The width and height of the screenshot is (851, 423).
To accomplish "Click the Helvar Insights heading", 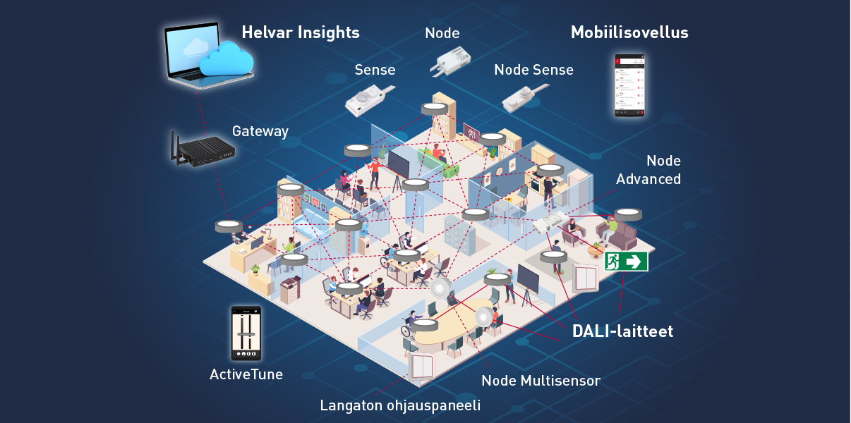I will (301, 32).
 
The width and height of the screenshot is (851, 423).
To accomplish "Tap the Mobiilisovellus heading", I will (629, 32).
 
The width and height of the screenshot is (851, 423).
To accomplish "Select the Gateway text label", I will (260, 131).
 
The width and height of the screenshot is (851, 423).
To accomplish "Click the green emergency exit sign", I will (626, 262).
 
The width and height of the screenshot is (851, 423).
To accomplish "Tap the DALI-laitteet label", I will (622, 331).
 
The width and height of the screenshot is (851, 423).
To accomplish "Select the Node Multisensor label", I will (541, 381).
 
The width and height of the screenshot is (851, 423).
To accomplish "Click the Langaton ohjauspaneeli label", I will (400, 405).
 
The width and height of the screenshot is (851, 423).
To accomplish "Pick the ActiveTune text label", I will (246, 374).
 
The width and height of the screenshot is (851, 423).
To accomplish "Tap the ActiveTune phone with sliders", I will (246, 333).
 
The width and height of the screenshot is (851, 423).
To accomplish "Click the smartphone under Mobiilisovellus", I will (629, 85).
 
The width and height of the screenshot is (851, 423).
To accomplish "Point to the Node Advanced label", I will (648, 170).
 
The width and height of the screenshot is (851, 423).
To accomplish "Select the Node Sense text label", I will (533, 70).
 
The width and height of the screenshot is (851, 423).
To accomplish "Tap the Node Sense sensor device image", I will (525, 97).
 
